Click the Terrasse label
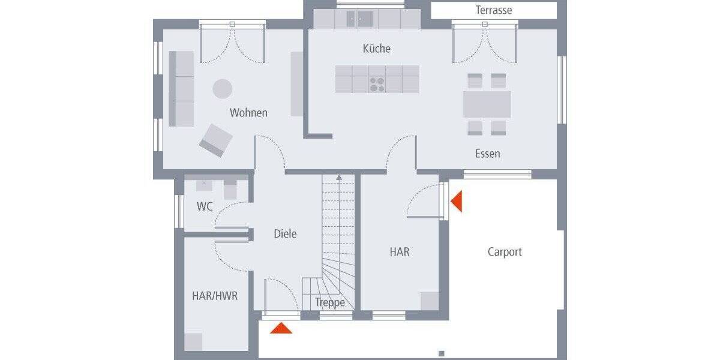pyautogui.click(x=493, y=10)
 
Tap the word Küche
pyautogui.click(x=376, y=49)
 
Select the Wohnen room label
pyautogui.click(x=248, y=113)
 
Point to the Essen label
pyautogui.click(x=487, y=154)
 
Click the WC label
pyautogui.click(x=205, y=207)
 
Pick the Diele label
pyautogui.click(x=285, y=234)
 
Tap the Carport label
pyautogui.click(x=505, y=252)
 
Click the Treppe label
pyautogui.click(x=330, y=302)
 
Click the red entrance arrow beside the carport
pyautogui.click(x=457, y=201)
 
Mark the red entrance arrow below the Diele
pyautogui.click(x=281, y=328)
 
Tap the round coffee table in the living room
pyautogui.click(x=222, y=89)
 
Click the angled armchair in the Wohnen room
pyautogui.click(x=216, y=140)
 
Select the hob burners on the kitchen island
pyautogui.click(x=377, y=85)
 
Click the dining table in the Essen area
pyautogui.click(x=487, y=104)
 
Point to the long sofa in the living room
pyautogui.click(x=181, y=88)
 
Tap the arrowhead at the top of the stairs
pyautogui.click(x=339, y=178)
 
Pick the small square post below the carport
pyautogui.click(x=441, y=353)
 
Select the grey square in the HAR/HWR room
pyautogui.click(x=193, y=342)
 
